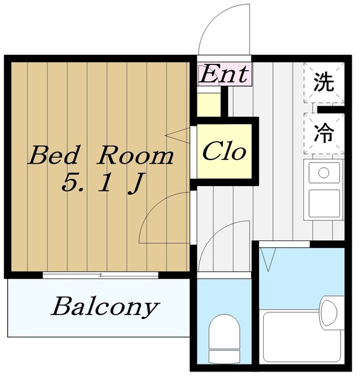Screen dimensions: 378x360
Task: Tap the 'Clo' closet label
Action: [x=224, y=152]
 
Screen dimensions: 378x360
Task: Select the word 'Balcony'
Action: [x=105, y=307]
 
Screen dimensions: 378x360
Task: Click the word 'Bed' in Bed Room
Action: [x=54, y=156]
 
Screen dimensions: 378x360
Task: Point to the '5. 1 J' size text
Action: [x=102, y=184]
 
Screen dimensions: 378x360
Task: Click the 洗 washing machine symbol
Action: [x=323, y=82]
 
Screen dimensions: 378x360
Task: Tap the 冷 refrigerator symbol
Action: [x=323, y=133]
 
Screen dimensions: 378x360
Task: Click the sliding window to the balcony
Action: [x=100, y=275]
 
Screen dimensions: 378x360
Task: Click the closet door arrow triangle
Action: [x=179, y=136]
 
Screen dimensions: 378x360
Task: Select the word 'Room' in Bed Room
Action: [x=136, y=156]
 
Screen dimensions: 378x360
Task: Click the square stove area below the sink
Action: [x=323, y=203]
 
